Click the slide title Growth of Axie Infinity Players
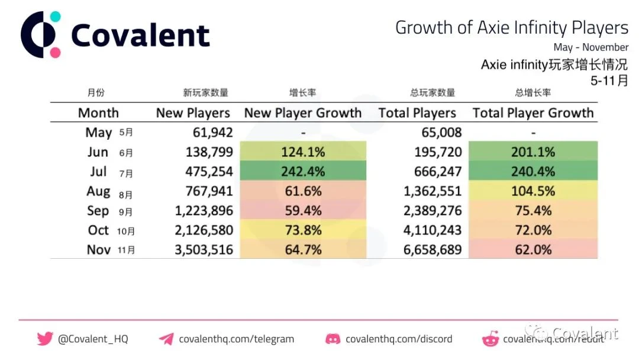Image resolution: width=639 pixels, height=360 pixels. tap(511, 28)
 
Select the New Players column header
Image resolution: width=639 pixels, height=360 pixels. tap(193, 113)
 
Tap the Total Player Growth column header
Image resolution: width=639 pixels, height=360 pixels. tap(532, 113)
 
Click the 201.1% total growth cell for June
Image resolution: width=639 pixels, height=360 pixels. tap(532, 152)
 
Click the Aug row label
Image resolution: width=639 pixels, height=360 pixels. tap(98, 191)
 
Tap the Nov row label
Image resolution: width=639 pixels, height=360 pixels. tap(99, 250)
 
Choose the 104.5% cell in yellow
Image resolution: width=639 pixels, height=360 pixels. tap(532, 191)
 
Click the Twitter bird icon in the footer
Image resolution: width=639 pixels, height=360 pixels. tap(45, 339)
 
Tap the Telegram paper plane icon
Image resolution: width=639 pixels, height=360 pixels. tap(166, 339)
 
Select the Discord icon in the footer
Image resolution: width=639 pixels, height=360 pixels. tap(333, 339)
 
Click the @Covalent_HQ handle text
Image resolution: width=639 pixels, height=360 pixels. tap(93, 339)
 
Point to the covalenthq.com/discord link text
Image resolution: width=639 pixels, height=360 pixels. tap(399, 339)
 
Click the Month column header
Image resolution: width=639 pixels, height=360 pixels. tap(98, 113)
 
